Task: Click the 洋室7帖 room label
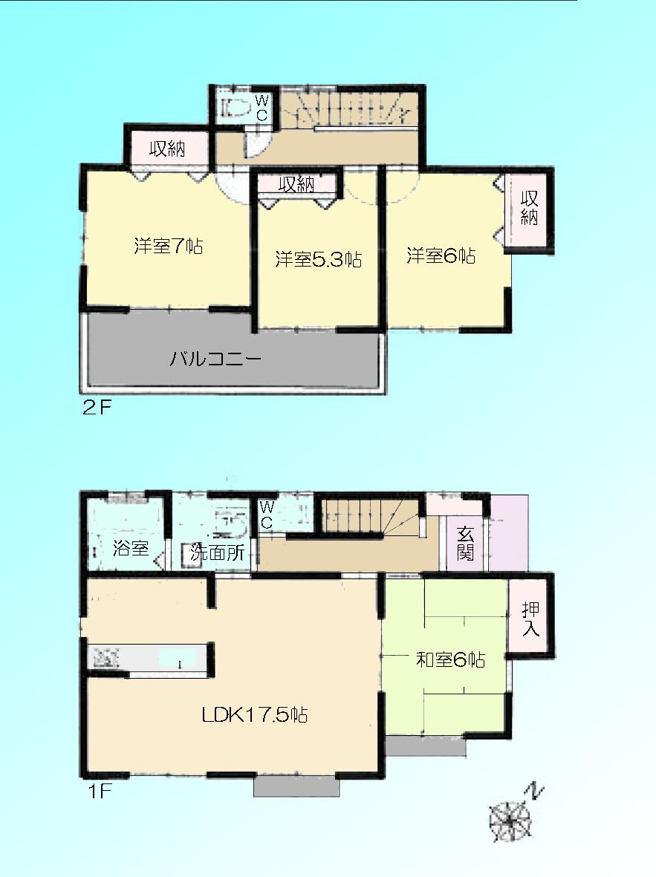coord(169,247)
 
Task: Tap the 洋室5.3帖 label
coord(318,260)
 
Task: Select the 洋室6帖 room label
coord(441,257)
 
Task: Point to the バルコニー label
coord(215,360)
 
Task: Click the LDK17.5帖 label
coord(255,715)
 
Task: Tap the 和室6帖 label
coord(450,659)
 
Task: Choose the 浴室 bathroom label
coord(131,550)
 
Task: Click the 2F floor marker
coord(96,408)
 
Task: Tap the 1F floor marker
coord(96,792)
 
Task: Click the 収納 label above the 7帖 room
coord(166,149)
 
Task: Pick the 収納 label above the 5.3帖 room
coord(296,184)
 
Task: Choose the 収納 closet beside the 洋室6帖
coord(529,209)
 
